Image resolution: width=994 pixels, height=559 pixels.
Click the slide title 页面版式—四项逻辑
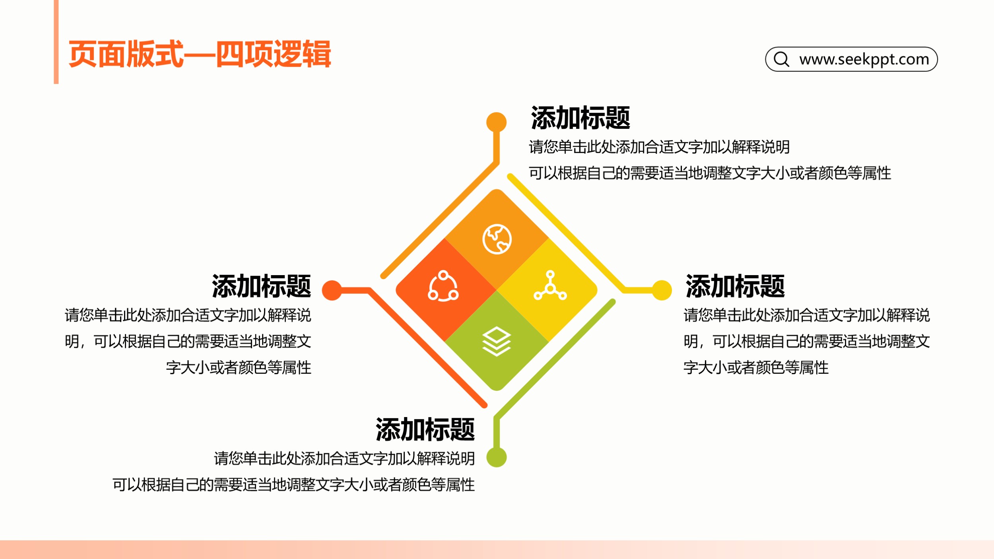(200, 54)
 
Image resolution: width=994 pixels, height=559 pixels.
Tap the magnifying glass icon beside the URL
(781, 59)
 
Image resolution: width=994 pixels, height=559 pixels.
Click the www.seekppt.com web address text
(864, 59)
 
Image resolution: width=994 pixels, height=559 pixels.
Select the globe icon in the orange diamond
(497, 239)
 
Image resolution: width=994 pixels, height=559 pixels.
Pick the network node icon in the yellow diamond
(550, 285)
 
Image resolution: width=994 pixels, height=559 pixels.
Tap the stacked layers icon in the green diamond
(497, 341)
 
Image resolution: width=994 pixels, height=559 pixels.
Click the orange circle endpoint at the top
(496, 122)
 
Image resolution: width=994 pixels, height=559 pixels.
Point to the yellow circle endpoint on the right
(662, 290)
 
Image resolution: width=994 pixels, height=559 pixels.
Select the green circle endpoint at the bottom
(497, 457)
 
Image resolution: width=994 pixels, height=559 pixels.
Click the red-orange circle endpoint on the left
(332, 290)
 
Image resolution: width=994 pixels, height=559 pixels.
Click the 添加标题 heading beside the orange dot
(580, 118)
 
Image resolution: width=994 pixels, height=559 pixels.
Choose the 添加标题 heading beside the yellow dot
(735, 286)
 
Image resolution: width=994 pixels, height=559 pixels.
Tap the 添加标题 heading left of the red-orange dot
(261, 286)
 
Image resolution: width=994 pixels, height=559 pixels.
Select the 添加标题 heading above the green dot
(425, 429)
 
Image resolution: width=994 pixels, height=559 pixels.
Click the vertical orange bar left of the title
(56, 42)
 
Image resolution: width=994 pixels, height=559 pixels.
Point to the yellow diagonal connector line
(567, 233)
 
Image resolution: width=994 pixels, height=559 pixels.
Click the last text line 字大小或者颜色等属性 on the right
(756, 367)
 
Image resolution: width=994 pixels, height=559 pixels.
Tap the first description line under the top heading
(659, 147)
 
